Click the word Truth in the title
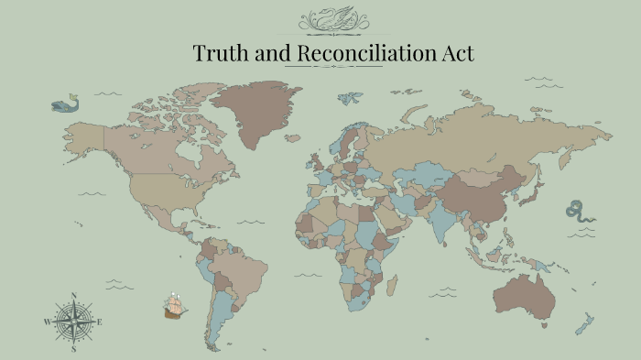coord(215,53)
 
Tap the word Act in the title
coord(458,53)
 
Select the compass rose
coord(73,322)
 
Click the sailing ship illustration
coord(175,305)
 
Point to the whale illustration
coord(65,105)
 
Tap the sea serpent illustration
coord(580,213)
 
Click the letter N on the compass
coord(73,296)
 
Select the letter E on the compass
coord(100,322)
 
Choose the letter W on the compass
coord(47,322)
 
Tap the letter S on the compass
coord(73,349)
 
